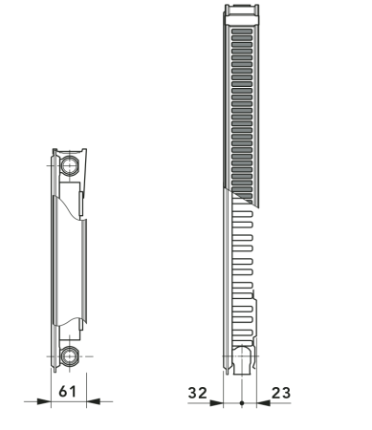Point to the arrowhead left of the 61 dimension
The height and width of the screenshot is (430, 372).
pos(43,402)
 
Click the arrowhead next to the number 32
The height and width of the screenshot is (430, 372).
pos(218,402)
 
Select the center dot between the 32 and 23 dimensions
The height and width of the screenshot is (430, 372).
pos(242,402)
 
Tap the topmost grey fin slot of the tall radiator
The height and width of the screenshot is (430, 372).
pos(242,32)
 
